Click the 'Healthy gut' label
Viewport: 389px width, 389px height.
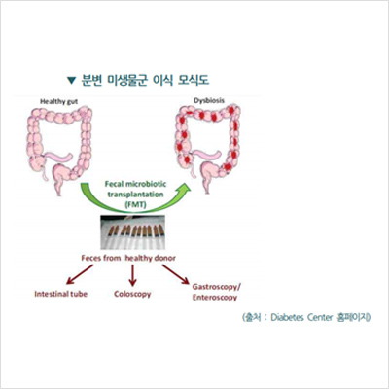[x=58, y=101]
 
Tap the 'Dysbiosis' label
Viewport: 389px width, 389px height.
[x=209, y=100]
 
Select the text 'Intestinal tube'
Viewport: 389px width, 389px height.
[x=61, y=294]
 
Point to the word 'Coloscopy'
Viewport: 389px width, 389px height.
[x=132, y=295]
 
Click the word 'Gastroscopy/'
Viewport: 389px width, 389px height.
[x=217, y=287]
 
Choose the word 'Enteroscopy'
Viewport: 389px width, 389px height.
[x=215, y=298]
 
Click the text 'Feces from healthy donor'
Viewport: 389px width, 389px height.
[x=128, y=258]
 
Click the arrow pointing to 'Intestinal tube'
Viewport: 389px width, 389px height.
[x=80, y=274]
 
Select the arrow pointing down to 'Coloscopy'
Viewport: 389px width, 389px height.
[x=132, y=275]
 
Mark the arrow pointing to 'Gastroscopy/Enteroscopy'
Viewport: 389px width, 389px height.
[x=176, y=274]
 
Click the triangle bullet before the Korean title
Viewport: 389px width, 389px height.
[x=71, y=81]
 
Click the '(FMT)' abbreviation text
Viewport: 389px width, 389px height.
[x=135, y=205]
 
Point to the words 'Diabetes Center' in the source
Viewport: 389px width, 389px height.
[x=301, y=317]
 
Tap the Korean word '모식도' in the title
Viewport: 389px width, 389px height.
[x=194, y=80]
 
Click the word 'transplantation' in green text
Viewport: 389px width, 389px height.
[x=135, y=194]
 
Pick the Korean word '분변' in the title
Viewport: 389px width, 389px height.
[x=91, y=80]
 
